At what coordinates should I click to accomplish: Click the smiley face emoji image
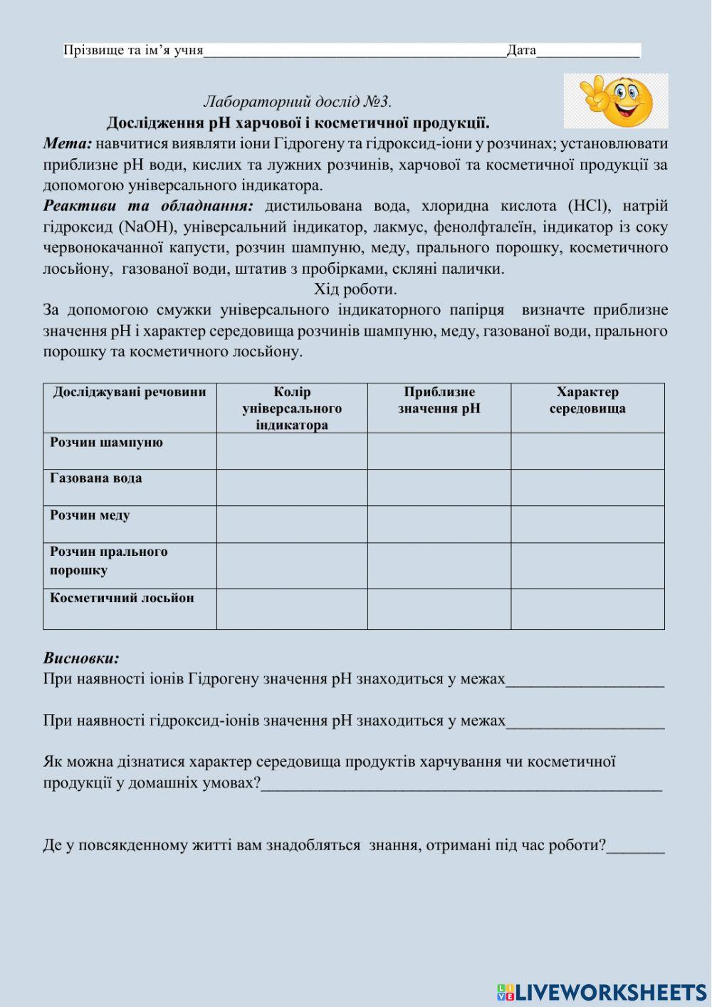click(x=617, y=100)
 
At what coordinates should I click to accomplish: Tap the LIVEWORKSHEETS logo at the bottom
click(x=602, y=992)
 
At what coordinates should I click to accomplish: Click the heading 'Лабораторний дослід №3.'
click(x=298, y=102)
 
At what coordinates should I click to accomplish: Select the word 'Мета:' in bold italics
click(x=68, y=143)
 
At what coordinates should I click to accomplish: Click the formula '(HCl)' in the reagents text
click(x=589, y=206)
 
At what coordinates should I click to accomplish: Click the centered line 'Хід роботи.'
click(x=355, y=289)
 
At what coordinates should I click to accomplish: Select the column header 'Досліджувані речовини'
click(x=130, y=392)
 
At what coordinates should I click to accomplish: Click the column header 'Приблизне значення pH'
click(x=439, y=401)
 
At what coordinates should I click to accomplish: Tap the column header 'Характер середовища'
click(x=587, y=401)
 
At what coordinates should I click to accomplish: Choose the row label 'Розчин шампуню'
click(x=107, y=443)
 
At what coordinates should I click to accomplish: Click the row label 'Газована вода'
click(x=96, y=478)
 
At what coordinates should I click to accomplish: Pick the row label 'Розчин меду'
click(x=90, y=515)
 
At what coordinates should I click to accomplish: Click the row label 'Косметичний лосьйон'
click(x=122, y=598)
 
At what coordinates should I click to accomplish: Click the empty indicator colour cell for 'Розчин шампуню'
click(x=292, y=451)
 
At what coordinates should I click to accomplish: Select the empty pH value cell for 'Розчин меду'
click(x=439, y=525)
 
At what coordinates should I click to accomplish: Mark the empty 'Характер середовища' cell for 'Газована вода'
click(x=587, y=487)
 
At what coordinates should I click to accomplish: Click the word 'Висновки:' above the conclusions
click(x=81, y=658)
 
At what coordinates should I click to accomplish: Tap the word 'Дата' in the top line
click(x=521, y=50)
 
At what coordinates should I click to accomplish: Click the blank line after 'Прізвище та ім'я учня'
click(x=355, y=51)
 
